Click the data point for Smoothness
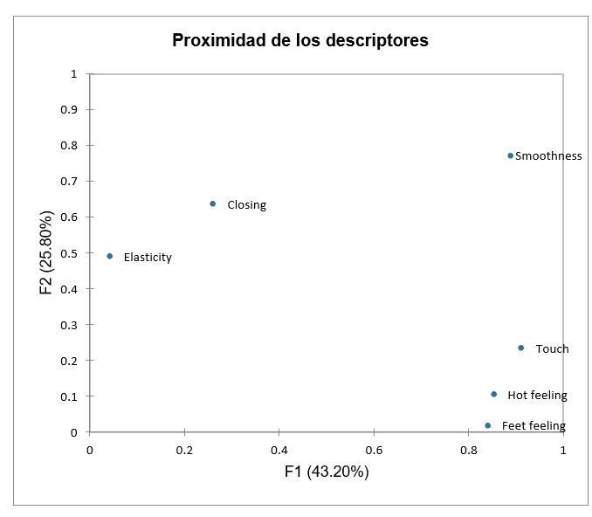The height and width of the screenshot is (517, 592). [x=511, y=155]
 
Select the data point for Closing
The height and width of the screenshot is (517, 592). [x=212, y=203]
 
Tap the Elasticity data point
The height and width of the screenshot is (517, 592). [x=109, y=256]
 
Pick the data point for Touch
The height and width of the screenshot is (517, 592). [x=521, y=348]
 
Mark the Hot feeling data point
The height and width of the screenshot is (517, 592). [x=493, y=394]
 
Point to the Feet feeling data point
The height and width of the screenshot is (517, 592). [x=487, y=425]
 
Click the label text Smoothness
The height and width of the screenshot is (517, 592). [x=548, y=156]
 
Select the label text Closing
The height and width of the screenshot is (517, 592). [x=246, y=205]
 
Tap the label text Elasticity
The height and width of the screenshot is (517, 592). [x=148, y=258]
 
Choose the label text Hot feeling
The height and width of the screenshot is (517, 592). [x=537, y=396]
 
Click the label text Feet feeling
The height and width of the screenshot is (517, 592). [x=533, y=426]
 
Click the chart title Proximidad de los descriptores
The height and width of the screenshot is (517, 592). [x=300, y=40]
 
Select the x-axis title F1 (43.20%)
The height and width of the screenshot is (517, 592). [x=327, y=472]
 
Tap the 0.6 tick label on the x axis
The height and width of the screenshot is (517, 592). [x=374, y=451]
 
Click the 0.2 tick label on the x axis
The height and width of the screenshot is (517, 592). [x=184, y=451]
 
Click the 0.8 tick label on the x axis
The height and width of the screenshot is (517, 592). [x=469, y=451]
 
